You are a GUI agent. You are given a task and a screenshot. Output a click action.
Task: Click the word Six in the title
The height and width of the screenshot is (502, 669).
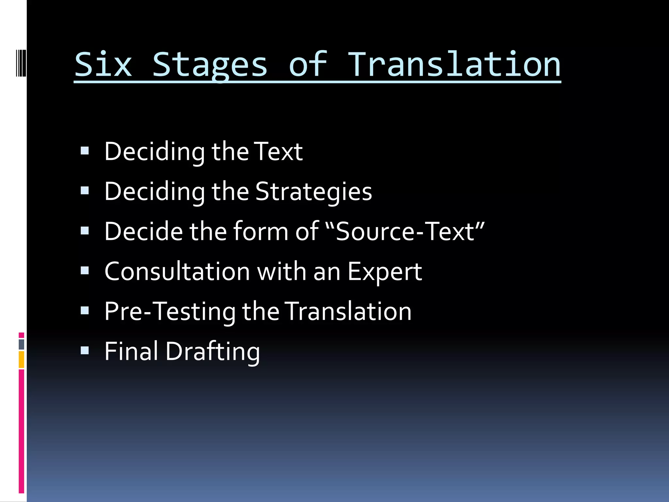(x=103, y=65)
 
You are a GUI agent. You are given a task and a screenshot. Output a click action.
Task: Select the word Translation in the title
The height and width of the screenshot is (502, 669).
(x=454, y=65)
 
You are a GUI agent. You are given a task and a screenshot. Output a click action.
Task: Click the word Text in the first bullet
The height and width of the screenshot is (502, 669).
(x=278, y=152)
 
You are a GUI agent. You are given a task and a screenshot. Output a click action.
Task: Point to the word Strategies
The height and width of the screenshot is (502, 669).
(x=314, y=192)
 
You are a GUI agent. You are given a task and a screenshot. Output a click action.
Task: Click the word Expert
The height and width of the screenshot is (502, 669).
(x=384, y=272)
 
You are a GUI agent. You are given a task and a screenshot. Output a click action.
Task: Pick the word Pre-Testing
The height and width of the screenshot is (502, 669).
(x=170, y=312)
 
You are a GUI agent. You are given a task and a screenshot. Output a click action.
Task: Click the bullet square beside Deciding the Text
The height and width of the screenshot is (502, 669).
(x=85, y=151)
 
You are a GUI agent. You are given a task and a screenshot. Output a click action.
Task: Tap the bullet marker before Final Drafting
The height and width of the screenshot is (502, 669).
(x=85, y=351)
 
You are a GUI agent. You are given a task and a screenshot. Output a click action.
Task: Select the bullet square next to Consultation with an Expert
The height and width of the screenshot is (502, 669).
(x=85, y=271)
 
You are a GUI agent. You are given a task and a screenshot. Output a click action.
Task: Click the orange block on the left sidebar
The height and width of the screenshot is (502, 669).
(x=22, y=360)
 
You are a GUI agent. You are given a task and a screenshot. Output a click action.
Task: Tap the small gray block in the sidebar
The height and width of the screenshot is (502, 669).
(x=22, y=344)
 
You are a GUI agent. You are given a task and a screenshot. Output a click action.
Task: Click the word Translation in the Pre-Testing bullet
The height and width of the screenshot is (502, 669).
(x=348, y=311)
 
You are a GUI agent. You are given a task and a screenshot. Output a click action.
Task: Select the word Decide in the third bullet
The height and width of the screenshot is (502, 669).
(x=143, y=231)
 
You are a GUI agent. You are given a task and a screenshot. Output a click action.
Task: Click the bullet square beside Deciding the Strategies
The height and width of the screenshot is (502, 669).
(x=85, y=191)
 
